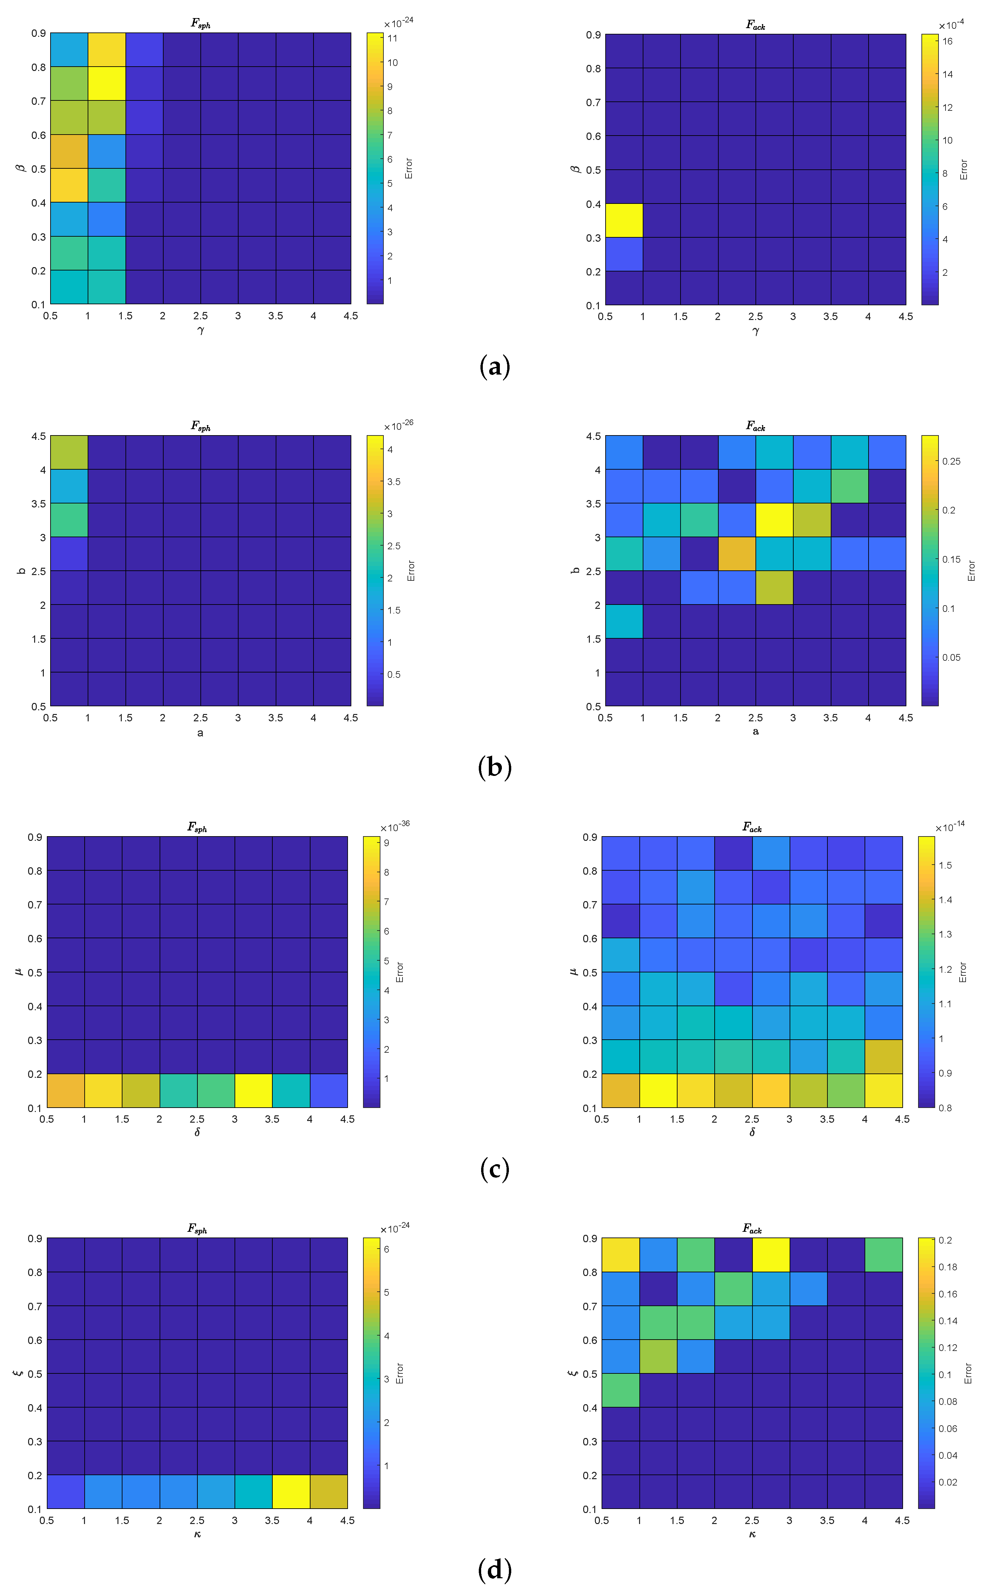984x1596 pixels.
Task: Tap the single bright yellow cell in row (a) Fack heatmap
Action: click(x=623, y=220)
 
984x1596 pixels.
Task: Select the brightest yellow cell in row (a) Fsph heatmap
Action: click(x=106, y=83)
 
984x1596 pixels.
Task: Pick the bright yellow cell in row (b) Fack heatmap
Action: click(x=774, y=520)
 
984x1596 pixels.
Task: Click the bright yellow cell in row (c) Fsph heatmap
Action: click(x=253, y=1090)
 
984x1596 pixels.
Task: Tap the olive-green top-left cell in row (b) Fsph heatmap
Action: click(x=68, y=452)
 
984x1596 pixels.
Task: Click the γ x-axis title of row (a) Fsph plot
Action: click(x=200, y=330)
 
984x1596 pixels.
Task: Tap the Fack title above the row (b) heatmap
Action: click(x=755, y=426)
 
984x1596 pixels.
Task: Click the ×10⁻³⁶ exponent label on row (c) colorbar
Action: click(x=395, y=827)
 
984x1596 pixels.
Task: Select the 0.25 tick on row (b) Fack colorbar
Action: click(x=951, y=461)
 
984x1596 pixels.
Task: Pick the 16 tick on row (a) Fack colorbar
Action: click(x=947, y=41)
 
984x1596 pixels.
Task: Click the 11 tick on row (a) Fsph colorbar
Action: click(x=392, y=38)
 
